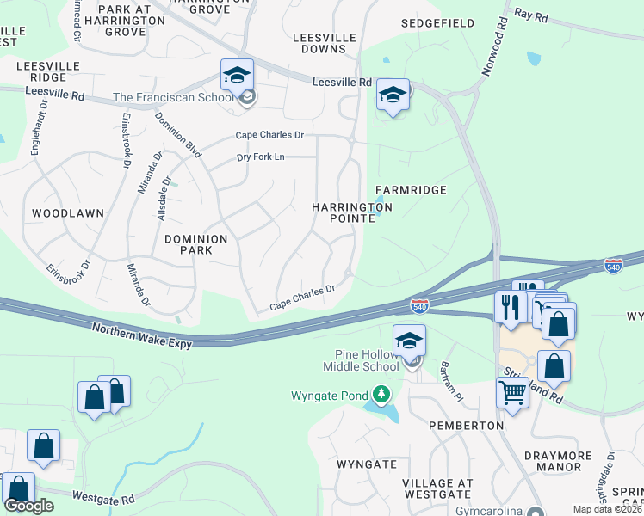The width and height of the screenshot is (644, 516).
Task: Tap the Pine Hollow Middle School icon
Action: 409,340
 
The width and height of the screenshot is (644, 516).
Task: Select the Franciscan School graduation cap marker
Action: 236,75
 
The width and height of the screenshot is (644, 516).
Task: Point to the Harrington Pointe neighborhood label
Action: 351,212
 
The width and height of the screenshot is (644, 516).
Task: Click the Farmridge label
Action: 410,189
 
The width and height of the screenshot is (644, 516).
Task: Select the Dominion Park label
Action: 195,245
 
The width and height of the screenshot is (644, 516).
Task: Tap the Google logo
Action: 28,506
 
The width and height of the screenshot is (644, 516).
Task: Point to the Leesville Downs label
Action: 319,43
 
